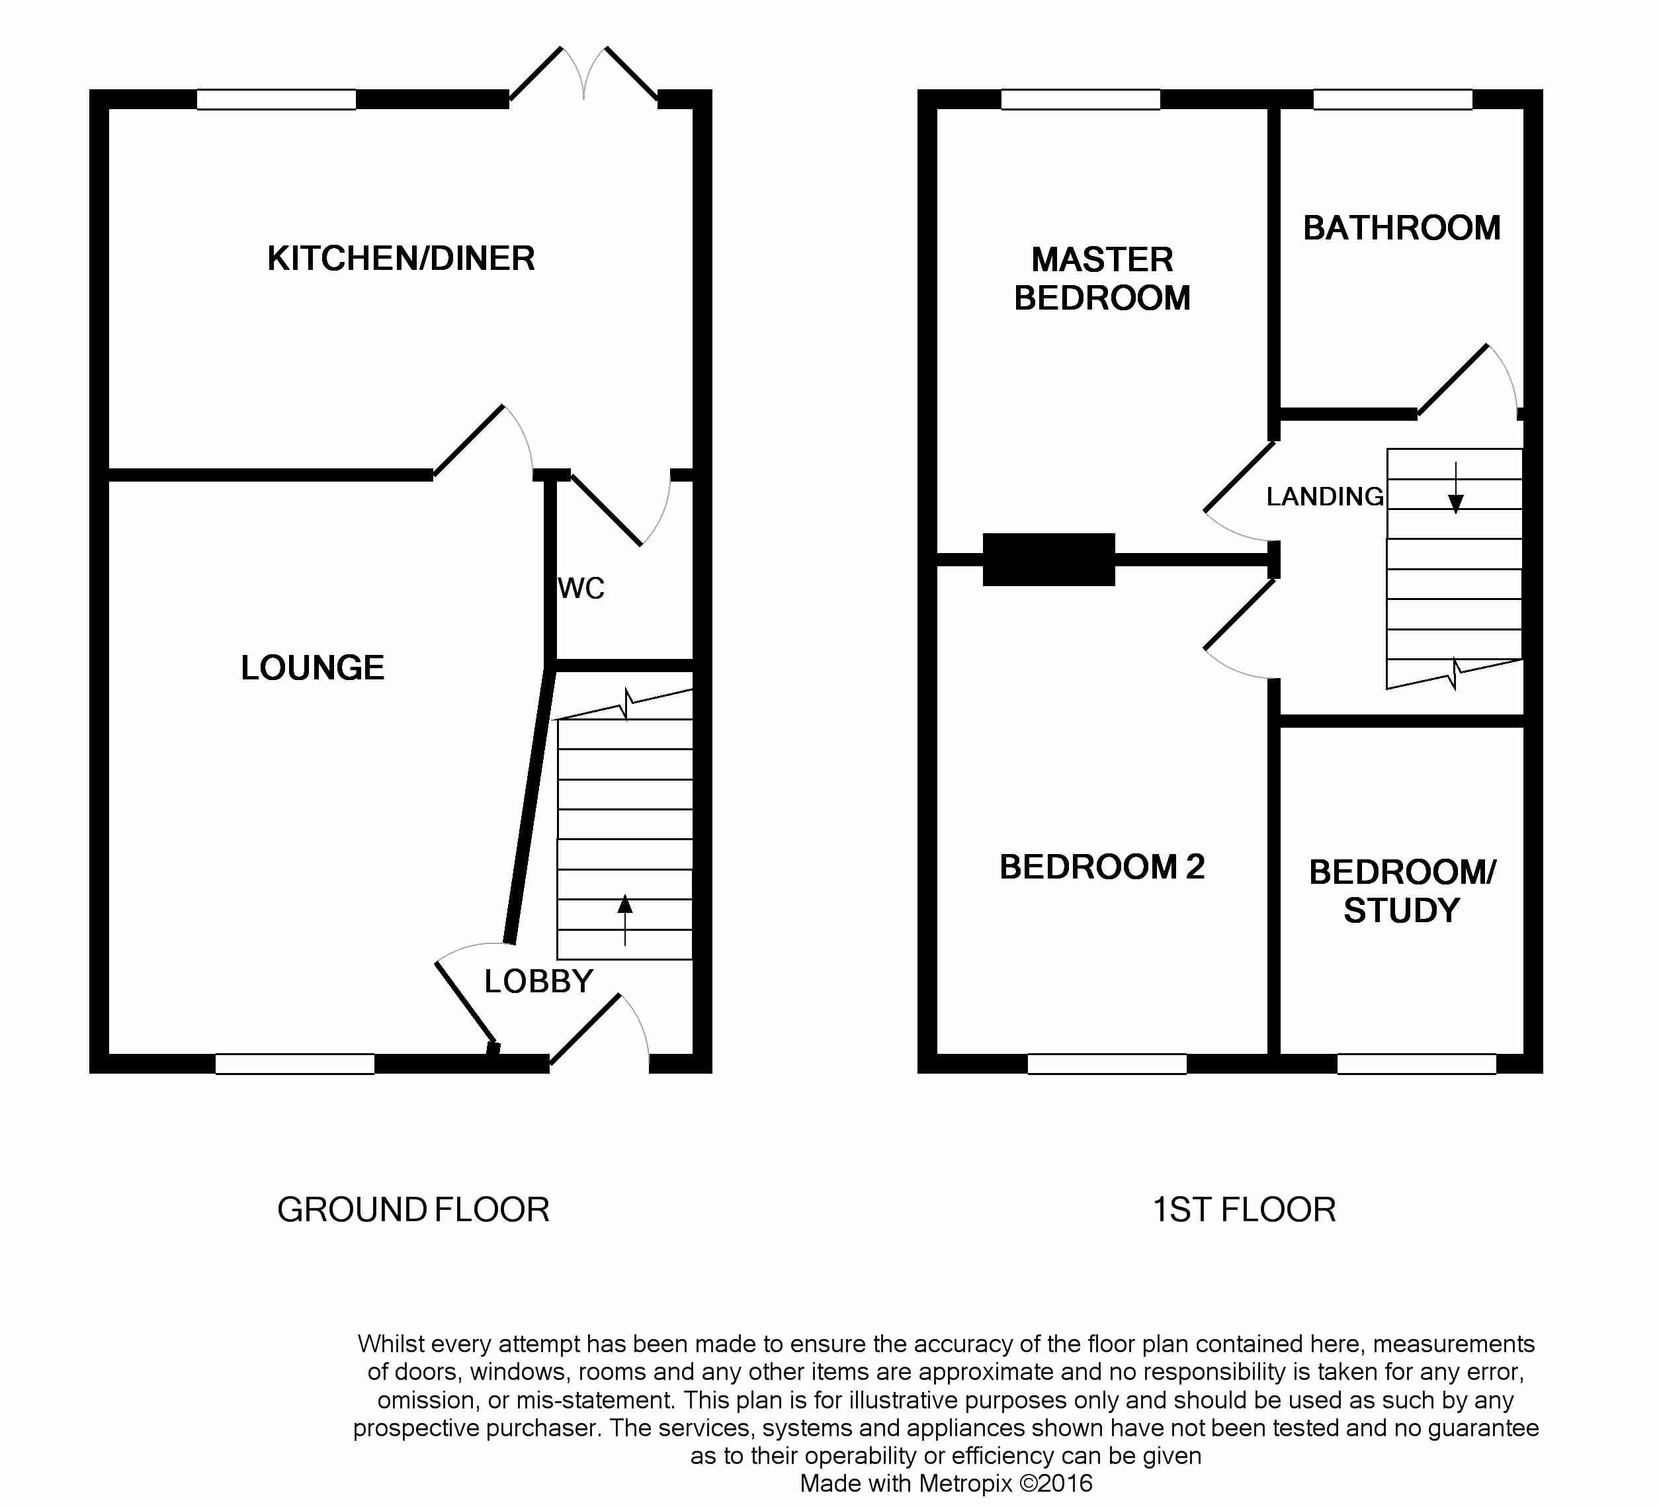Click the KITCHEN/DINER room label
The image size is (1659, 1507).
pos(401,259)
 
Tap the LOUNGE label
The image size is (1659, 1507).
pos(313,667)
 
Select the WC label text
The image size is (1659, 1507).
pos(581,589)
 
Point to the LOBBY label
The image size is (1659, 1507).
pos(538,981)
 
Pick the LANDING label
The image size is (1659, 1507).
pos(1324,496)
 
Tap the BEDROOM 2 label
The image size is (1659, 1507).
pos(1102,867)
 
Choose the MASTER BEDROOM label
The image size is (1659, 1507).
pos(1102,279)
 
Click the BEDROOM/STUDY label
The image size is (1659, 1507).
pos(1402,890)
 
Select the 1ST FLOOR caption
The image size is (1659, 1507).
pos(1244,1210)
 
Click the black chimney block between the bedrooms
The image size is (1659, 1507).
pos(1048,560)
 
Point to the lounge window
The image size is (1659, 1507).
pos(294,1064)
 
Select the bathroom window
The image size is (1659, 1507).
pos(1392,100)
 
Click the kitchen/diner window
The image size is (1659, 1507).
pos(276,100)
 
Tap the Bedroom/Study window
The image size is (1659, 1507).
pos(1416,1064)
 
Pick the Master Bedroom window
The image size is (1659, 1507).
pos(1080,100)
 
